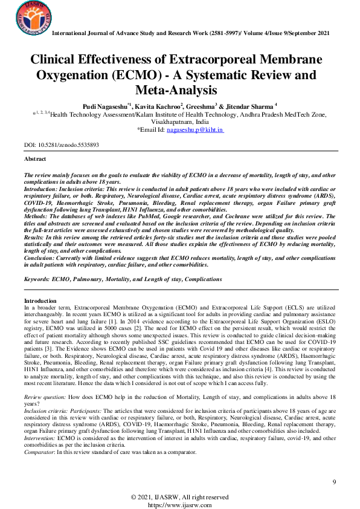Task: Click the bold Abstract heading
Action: point(35,158)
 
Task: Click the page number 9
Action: point(334,481)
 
